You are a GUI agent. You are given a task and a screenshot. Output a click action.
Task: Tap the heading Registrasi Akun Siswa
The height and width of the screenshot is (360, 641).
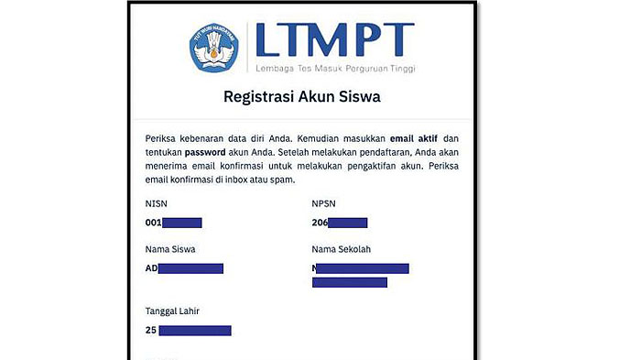pos(302,95)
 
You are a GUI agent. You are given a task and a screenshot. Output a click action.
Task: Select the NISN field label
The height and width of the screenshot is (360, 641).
pos(157,203)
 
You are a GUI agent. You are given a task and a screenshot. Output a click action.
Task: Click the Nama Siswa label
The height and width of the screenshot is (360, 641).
pos(170,248)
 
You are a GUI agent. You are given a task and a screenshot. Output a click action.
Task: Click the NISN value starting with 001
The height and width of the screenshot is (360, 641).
pos(174,223)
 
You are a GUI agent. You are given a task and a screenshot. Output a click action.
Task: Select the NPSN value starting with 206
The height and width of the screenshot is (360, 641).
pos(340,223)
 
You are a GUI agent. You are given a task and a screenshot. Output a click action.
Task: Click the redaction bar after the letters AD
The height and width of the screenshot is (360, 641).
pos(191,268)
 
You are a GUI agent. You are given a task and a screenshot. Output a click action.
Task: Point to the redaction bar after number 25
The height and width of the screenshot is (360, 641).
pos(194,330)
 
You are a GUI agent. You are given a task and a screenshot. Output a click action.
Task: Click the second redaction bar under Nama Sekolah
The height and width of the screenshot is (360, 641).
pos(349,282)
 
